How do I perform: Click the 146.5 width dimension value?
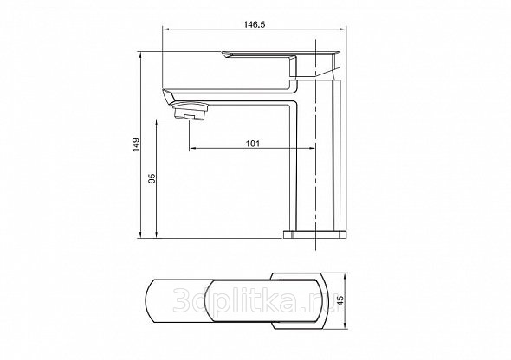coord(255,24)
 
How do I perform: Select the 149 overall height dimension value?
coord(136,145)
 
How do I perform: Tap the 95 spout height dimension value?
coord(152,178)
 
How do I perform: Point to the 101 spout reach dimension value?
coord(253,143)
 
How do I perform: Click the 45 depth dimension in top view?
coord(340,300)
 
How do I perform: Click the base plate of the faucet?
coord(314,235)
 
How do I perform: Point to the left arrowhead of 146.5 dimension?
coord(165,29)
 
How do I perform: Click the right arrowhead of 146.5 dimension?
coord(343,29)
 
